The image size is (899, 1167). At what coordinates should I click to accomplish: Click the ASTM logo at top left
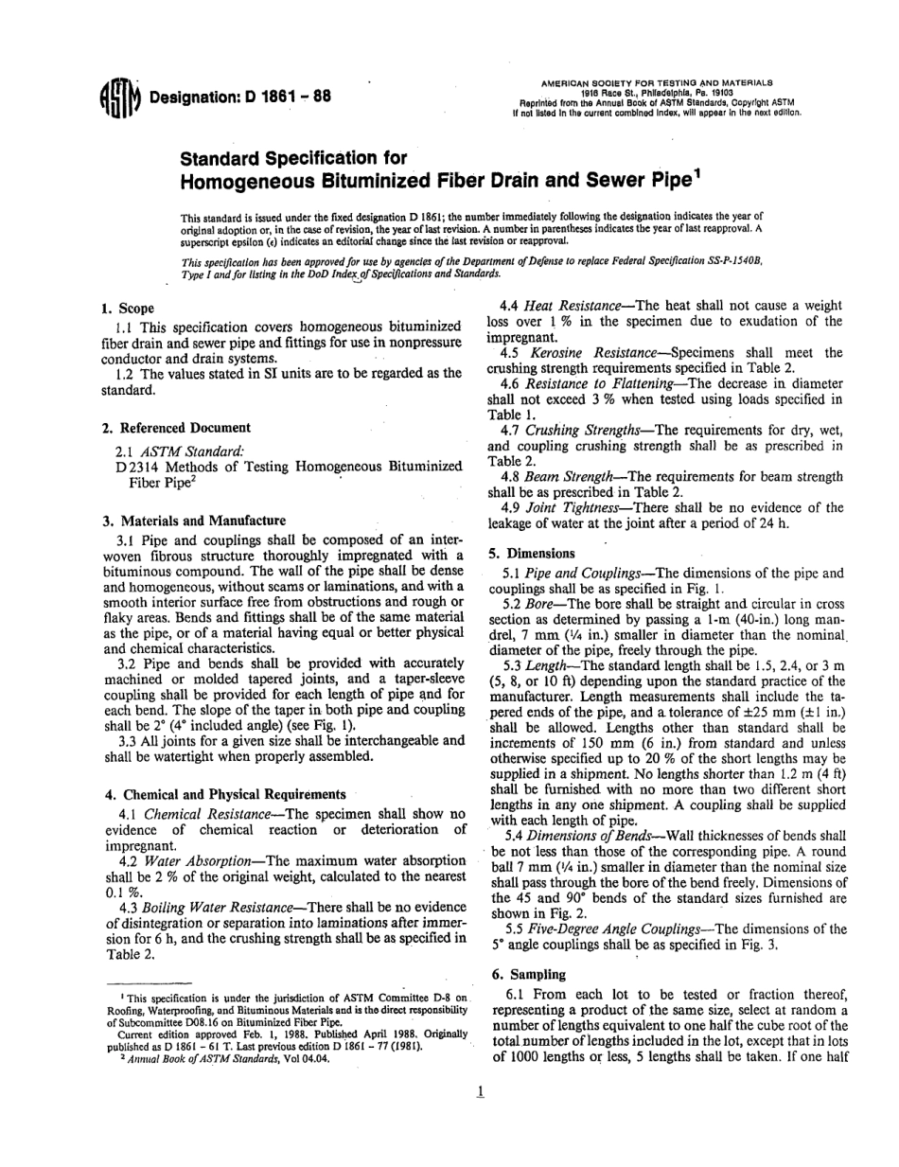click(x=116, y=97)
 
